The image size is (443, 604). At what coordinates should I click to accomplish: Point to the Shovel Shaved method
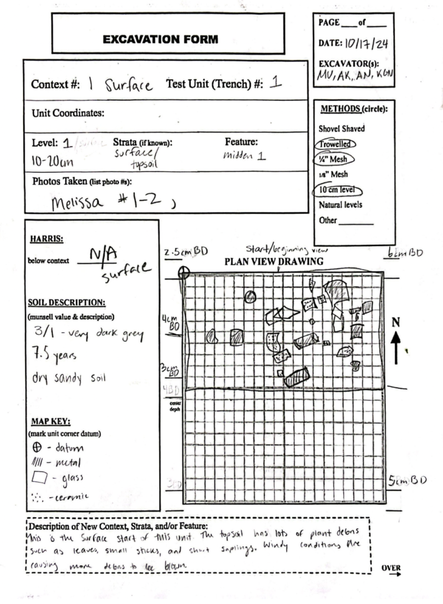pos(342,128)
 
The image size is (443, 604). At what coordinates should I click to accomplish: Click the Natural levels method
pos(340,205)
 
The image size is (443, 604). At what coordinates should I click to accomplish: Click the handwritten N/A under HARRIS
pos(103,254)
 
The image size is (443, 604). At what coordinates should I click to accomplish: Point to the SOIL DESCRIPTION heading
pos(67,303)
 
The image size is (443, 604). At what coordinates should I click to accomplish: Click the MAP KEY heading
pos(50,422)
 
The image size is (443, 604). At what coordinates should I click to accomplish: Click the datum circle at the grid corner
pos(184,273)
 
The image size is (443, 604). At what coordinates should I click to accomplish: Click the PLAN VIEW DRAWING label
pos(274,262)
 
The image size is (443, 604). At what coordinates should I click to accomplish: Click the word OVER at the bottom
pos(391,569)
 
